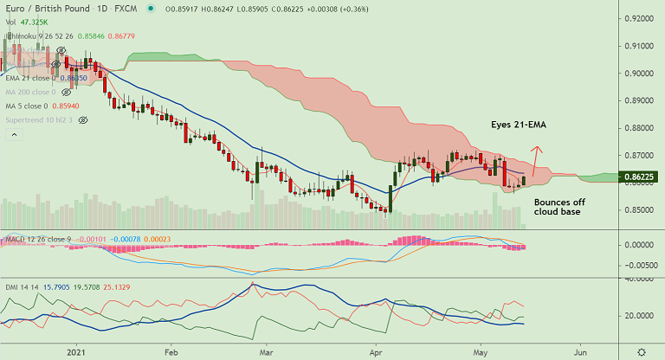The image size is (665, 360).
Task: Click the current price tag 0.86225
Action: coord(642,177)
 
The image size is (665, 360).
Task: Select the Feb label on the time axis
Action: coord(171,352)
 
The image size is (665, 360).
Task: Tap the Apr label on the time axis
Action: coord(377,352)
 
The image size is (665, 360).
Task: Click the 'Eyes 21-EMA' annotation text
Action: coord(519,125)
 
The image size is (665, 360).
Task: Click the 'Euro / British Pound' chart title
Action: coord(46,9)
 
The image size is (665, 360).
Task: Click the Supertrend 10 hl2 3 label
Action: coord(40,119)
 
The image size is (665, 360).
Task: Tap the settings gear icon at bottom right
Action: coord(641,352)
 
